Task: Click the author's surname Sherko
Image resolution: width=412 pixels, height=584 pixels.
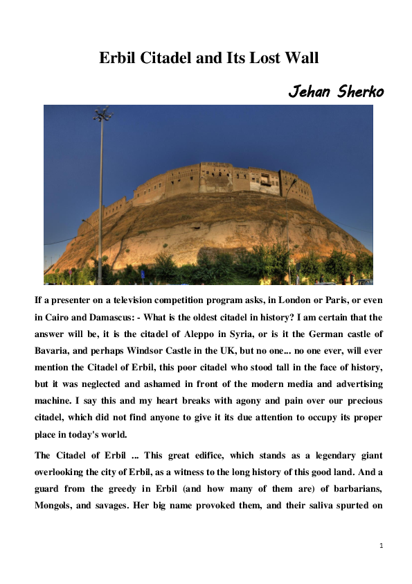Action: click(359, 92)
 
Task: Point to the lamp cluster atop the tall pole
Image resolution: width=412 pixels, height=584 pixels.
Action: click(102, 114)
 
